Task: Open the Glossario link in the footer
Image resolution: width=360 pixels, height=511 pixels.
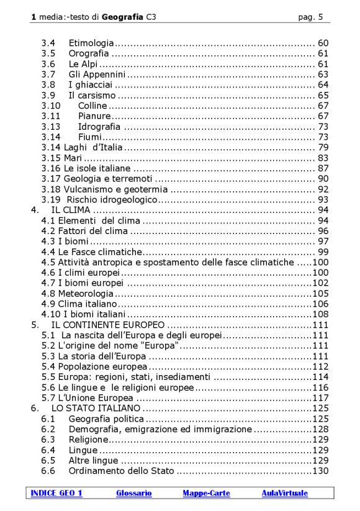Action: click(x=133, y=493)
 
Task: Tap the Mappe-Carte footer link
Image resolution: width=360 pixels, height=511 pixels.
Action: click(x=206, y=493)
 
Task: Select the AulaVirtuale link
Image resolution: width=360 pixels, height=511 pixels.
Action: click(x=284, y=493)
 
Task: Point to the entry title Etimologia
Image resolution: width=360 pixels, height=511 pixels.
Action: click(x=91, y=43)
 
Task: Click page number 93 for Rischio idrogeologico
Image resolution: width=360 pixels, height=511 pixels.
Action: click(x=323, y=199)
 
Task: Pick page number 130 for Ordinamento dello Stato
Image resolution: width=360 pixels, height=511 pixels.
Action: click(x=320, y=471)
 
